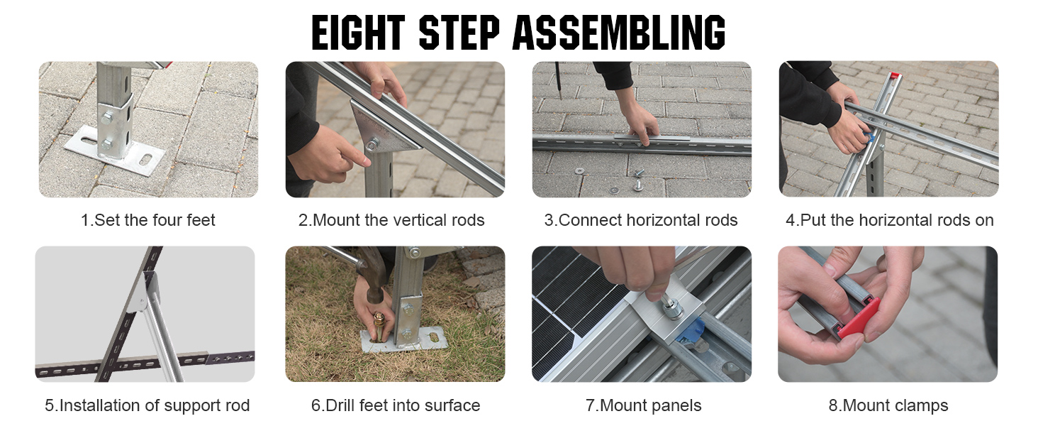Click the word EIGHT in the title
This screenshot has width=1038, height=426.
358,32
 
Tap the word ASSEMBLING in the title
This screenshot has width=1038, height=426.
619,32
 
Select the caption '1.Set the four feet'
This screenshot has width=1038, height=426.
147,220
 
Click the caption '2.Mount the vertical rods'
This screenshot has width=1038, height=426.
391,220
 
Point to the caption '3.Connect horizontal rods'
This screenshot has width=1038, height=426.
641,220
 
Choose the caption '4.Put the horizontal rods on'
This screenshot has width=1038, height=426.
889,220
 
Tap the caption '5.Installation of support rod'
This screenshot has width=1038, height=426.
147,405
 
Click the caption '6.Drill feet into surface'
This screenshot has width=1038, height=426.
395,405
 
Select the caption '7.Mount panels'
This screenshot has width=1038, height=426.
643,405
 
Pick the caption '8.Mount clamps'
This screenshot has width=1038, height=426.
888,405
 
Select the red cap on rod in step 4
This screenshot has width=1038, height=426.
895,75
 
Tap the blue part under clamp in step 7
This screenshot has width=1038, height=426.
691,333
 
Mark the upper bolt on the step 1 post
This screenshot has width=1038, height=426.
106,118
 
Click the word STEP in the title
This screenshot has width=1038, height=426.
459,32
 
